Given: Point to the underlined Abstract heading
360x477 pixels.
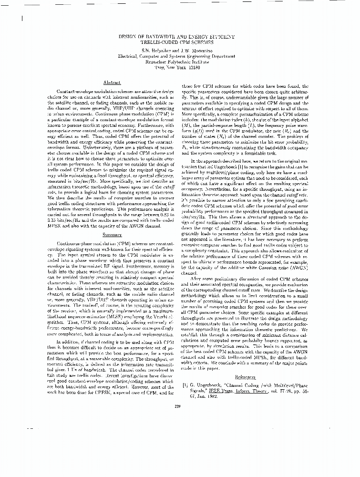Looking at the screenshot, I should coord(111,83).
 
